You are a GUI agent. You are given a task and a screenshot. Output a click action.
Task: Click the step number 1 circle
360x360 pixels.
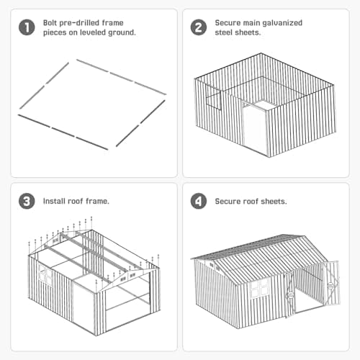26,28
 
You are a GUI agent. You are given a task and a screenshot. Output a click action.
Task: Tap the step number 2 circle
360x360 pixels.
198,28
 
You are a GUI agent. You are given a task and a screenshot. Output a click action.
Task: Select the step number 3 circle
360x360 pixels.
26,201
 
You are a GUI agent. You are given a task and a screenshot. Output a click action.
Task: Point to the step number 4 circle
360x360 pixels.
198,201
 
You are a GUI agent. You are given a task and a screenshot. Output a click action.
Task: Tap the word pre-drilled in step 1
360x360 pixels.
84,23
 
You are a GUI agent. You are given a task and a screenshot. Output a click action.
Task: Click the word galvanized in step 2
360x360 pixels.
282,23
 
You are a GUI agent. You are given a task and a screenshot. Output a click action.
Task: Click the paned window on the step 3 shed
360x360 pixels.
45,275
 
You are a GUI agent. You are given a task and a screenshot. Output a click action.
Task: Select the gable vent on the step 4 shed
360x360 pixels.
212,266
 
